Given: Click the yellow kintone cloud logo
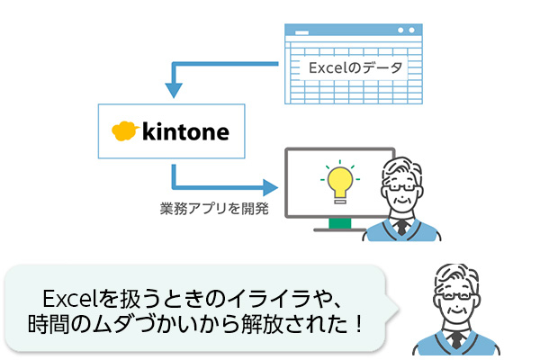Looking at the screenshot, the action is [x=125, y=130].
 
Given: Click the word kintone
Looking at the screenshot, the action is [x=185, y=131].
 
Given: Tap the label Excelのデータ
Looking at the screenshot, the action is [x=355, y=67].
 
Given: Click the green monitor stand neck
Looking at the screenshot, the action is [x=340, y=223].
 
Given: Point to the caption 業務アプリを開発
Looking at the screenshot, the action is [x=214, y=209].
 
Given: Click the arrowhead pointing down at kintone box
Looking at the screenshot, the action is [x=174, y=91].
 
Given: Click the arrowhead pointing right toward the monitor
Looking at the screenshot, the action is [x=270, y=188].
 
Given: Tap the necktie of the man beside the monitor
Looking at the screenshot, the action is [x=401, y=228].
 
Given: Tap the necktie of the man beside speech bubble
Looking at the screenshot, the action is [x=456, y=339].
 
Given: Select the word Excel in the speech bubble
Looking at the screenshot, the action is [x=70, y=298].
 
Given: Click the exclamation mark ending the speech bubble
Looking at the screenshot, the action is [x=359, y=324].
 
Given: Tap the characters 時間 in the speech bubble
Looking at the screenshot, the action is [x=49, y=324].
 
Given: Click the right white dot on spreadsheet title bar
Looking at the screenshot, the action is [x=411, y=31].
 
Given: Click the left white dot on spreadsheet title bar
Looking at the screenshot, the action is [x=400, y=31].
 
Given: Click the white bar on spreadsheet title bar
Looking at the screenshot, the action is [x=302, y=32].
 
